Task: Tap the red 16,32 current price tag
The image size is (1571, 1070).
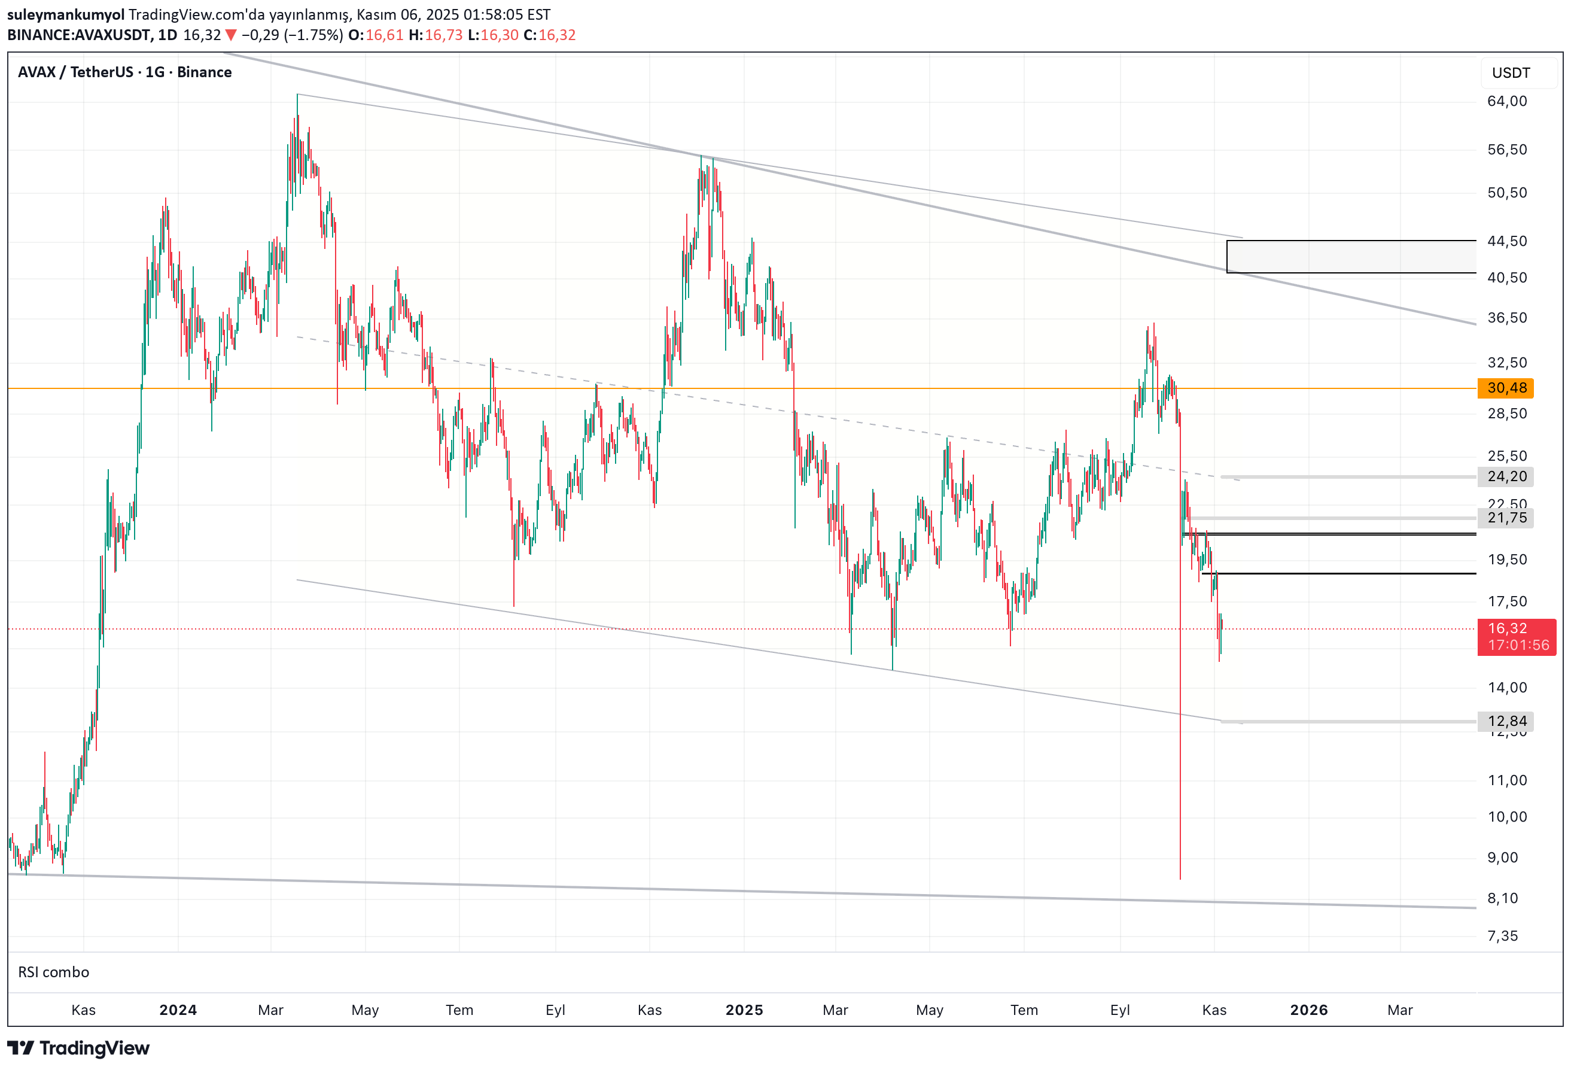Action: click(1516, 637)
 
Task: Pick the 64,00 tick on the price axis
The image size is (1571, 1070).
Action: click(1507, 102)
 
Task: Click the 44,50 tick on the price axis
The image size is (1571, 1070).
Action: click(1507, 241)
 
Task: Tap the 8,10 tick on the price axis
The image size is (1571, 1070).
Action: click(1503, 898)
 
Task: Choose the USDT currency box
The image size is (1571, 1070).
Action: click(1511, 73)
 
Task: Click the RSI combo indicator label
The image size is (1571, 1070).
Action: click(53, 972)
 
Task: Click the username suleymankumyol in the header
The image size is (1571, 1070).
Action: click(66, 14)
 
